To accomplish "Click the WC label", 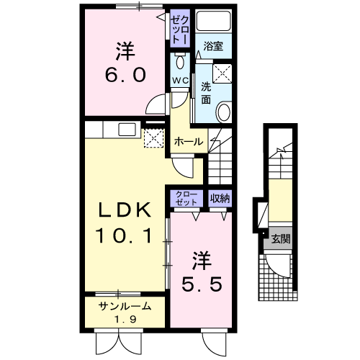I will click(x=180, y=79).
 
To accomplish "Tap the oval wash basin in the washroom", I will click(x=224, y=112).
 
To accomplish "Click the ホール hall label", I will click(x=188, y=142).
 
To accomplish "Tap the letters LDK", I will click(x=124, y=210).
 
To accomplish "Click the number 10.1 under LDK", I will click(x=124, y=235).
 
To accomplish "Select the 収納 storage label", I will click(x=220, y=197).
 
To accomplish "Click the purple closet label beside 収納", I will click(x=186, y=197).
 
